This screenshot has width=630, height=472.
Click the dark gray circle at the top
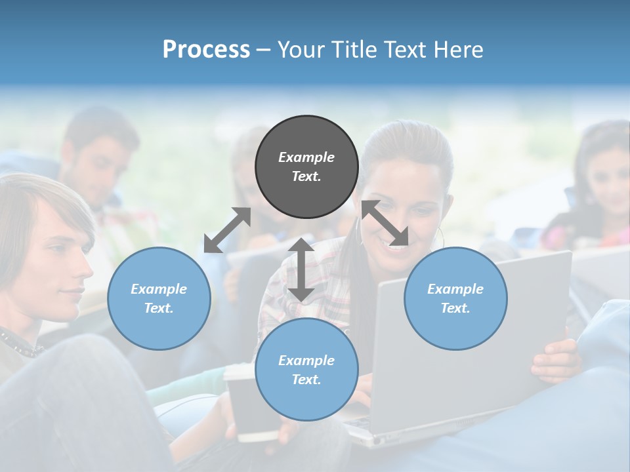tap(306, 167)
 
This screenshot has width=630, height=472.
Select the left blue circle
tap(159, 298)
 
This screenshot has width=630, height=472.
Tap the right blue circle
tap(455, 298)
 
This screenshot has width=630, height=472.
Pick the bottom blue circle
tap(306, 370)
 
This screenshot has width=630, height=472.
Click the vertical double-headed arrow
tap(301, 269)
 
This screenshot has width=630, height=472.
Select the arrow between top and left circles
tap(227, 230)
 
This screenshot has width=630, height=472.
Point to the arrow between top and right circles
tap(385, 224)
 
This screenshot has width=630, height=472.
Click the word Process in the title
tap(206, 49)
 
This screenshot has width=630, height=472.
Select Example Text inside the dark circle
tap(306, 167)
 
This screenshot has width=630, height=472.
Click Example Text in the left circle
tap(159, 298)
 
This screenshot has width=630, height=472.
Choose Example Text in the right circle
tap(455, 298)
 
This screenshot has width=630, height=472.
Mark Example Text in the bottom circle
tap(306, 370)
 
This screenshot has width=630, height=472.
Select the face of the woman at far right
tap(610, 177)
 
